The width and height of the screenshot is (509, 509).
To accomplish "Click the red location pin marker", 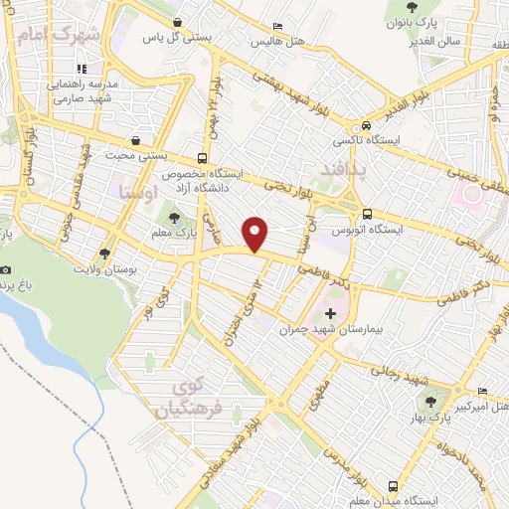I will tap(256, 234).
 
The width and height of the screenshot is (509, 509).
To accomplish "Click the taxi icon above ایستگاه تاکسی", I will tap(368, 126).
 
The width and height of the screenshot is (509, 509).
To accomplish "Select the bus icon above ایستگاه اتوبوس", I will tap(368, 213).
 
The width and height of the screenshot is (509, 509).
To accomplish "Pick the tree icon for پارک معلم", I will tap(175, 218).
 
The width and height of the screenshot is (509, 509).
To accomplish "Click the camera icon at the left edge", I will tap(6, 270).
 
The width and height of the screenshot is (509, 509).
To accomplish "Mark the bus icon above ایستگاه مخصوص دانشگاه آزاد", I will tap(202, 158).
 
